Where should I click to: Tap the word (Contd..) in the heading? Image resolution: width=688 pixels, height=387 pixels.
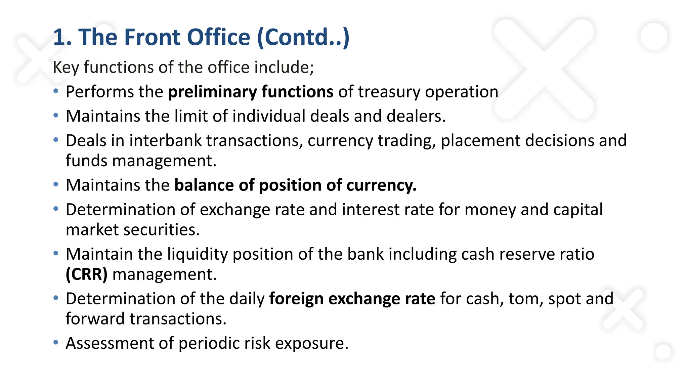coord(303,37)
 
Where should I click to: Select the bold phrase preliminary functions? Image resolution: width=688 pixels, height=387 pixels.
coord(251,92)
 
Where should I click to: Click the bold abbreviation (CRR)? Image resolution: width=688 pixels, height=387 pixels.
coord(87,274)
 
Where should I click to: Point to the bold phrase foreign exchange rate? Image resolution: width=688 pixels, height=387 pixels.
coord(352,299)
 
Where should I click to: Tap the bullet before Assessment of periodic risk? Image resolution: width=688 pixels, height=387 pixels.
coord(56,343)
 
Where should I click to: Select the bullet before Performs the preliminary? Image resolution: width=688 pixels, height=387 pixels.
coord(56,91)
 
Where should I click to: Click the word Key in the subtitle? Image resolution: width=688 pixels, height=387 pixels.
coord(66,68)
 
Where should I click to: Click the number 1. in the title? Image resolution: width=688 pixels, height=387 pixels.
coord(62,37)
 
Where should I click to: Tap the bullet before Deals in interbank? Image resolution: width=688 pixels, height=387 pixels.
coord(56,140)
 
